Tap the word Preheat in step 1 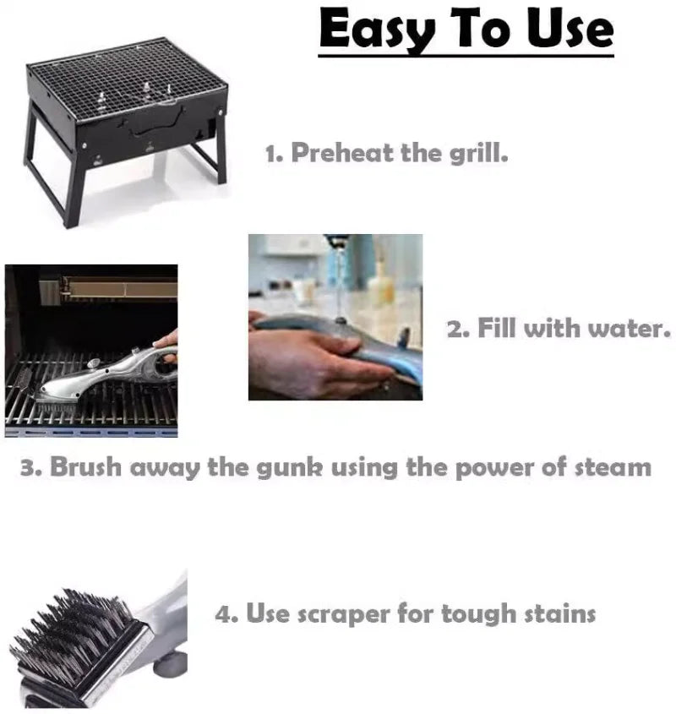(x=341, y=155)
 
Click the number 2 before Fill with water (x=456, y=329)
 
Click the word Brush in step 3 (x=84, y=467)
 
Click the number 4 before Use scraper (x=224, y=614)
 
